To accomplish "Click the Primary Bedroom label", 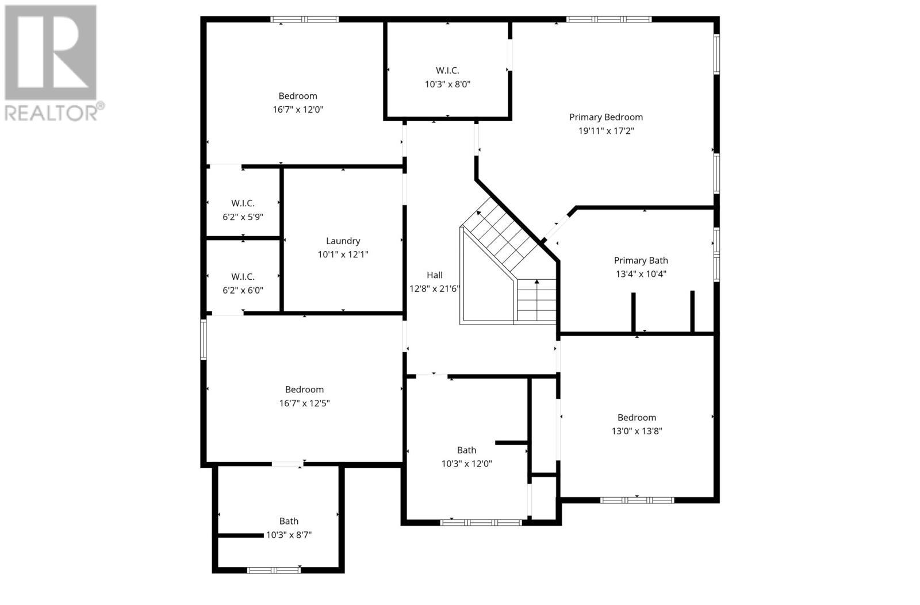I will click(605, 117).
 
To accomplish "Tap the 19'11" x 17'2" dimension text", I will click(605, 131).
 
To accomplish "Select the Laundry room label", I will click(343, 241).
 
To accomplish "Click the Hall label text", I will click(434, 275).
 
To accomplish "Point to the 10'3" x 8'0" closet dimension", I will click(447, 84).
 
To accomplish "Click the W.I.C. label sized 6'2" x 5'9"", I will click(243, 203).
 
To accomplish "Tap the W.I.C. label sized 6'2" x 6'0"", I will click(243, 277).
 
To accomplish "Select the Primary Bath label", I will click(641, 261).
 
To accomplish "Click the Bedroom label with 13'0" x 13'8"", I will click(637, 418).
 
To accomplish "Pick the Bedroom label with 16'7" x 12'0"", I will click(297, 96).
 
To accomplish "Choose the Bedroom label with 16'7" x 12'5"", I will click(304, 390).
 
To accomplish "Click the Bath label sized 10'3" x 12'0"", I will click(466, 450).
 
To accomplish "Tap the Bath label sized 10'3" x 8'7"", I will click(289, 521).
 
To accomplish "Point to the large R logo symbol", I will click(51, 53).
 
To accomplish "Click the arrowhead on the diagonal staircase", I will click(479, 214).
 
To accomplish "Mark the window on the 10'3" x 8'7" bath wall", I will click(274, 570).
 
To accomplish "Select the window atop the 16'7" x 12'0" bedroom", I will click(304, 20).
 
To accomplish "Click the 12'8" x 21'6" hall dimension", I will click(434, 289).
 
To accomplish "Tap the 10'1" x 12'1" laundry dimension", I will click(343, 255).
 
